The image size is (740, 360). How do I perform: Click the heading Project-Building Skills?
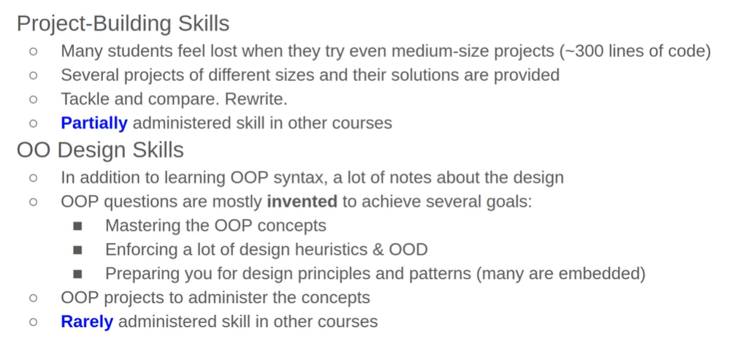123,24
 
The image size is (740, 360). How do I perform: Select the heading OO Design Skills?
100,150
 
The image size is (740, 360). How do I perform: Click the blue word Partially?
94,123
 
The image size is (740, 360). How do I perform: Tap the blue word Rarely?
87,322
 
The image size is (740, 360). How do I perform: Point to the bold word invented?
302,202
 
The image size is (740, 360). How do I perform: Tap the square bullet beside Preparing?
78,274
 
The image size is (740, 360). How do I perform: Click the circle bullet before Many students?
33,51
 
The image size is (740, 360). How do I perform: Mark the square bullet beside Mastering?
78,226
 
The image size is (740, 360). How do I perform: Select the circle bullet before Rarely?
33,322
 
